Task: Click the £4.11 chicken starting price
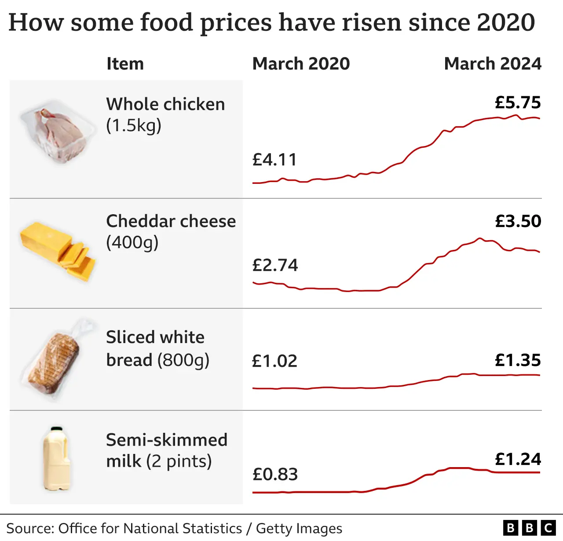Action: [275, 160]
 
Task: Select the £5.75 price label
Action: [518, 102]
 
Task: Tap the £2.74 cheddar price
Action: [275, 265]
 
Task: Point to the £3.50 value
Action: [518, 221]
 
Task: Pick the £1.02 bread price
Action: [274, 361]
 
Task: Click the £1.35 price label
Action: [518, 360]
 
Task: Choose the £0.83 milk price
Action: [275, 474]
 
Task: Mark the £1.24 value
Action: [518, 459]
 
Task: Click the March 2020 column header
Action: [301, 64]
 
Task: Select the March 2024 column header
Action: [493, 64]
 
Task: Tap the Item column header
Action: [125, 64]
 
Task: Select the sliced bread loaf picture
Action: [54, 363]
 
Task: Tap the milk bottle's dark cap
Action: [56, 429]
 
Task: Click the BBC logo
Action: [529, 527]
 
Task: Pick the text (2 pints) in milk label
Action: [179, 461]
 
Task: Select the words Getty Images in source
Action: [299, 528]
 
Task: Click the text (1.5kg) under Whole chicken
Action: [134, 126]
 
